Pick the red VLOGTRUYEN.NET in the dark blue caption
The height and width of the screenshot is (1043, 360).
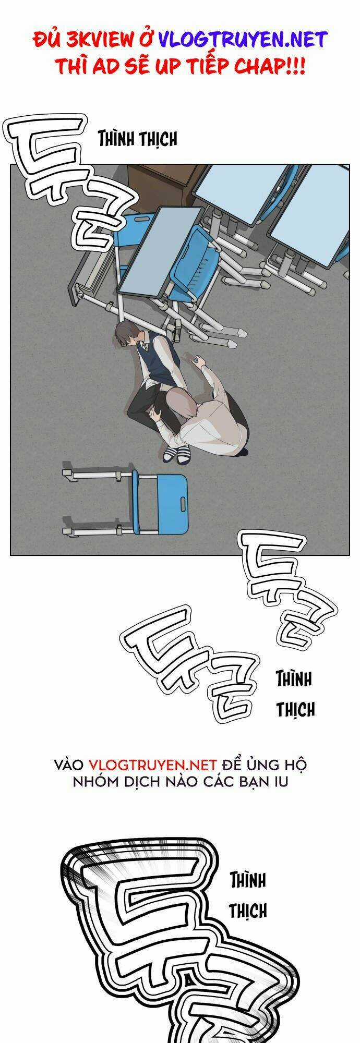click(152, 765)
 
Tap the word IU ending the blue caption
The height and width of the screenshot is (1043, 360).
click(281, 783)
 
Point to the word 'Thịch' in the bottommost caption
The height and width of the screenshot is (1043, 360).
click(248, 911)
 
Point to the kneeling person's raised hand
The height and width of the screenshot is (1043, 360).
click(198, 360)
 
